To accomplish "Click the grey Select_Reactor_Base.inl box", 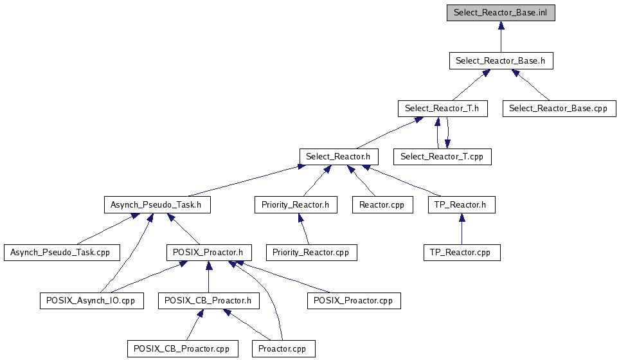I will tap(501, 13).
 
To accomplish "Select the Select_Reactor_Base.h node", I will tap(501, 61).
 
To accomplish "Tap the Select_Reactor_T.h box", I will tap(442, 109).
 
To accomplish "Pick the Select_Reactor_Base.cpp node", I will tap(558, 109).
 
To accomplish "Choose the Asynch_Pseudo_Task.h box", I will tap(157, 205).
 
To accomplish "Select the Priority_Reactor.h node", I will tap(295, 205).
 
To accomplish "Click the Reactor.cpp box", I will tap(382, 205).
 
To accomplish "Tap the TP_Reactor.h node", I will tap(461, 205).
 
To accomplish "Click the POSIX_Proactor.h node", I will tap(208, 253).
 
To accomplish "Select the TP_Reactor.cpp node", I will tap(461, 253).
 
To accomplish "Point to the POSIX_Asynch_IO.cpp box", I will tap(91, 301).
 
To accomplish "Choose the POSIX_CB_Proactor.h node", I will tap(208, 301).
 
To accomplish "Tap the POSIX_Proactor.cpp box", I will tap(354, 301).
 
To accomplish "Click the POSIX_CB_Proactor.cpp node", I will tap(183, 349).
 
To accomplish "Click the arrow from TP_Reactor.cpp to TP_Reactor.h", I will tap(461, 230).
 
